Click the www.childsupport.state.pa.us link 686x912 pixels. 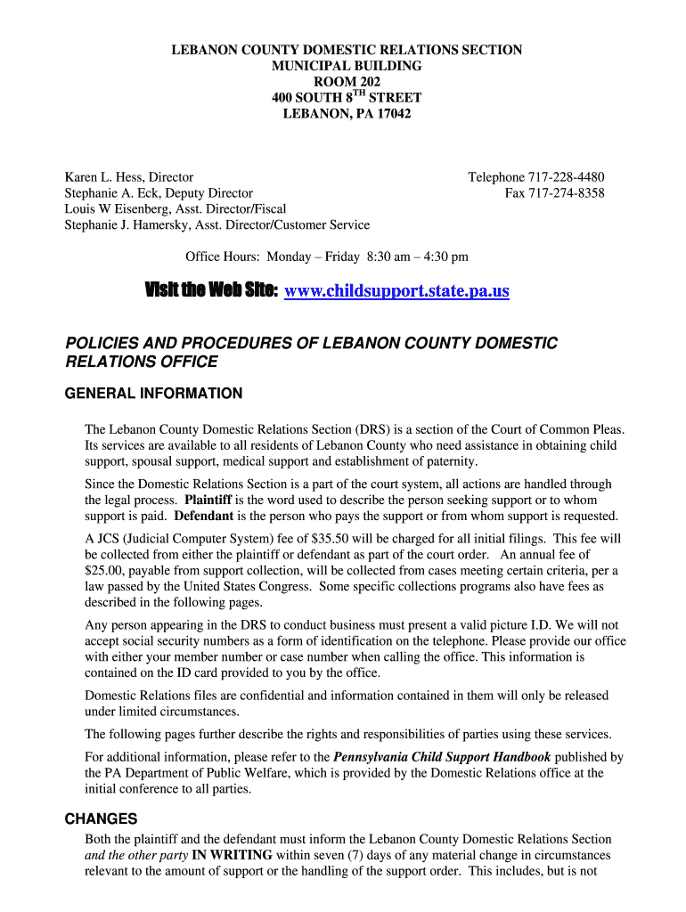(396, 291)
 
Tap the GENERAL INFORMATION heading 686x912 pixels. (153, 394)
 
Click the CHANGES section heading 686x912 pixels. (101, 819)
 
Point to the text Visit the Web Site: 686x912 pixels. (212, 291)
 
